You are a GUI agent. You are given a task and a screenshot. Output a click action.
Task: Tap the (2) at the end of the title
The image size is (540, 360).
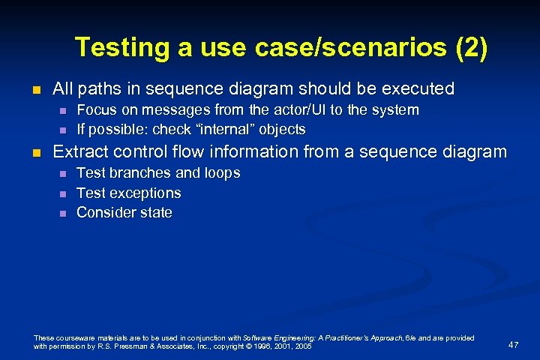pyautogui.click(x=471, y=47)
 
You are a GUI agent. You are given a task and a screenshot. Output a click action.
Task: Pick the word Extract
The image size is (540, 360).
pyautogui.click(x=80, y=152)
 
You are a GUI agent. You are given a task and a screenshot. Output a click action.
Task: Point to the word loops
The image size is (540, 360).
pyautogui.click(x=220, y=173)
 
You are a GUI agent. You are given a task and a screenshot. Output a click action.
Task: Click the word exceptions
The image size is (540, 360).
pyautogui.click(x=145, y=193)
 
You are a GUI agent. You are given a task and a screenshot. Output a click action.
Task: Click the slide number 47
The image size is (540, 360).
pyautogui.click(x=513, y=344)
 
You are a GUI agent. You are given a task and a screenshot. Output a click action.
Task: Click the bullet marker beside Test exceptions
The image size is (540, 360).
pyautogui.click(x=63, y=193)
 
